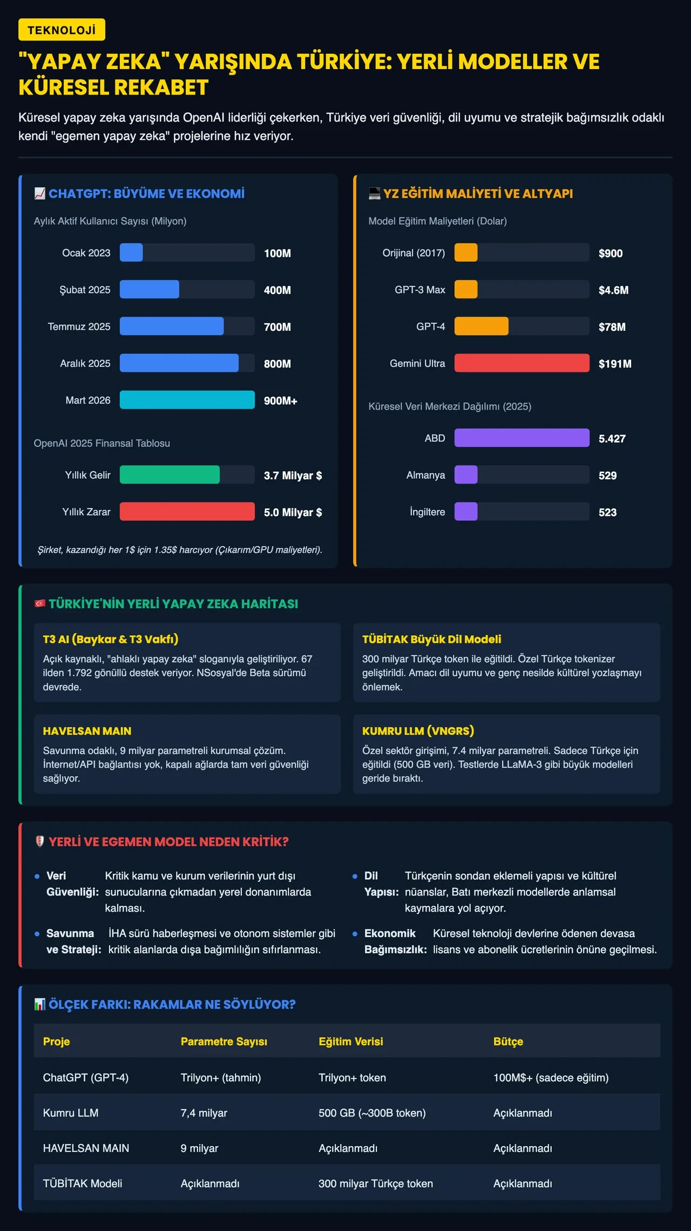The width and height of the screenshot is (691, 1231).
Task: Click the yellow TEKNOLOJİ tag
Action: (x=62, y=30)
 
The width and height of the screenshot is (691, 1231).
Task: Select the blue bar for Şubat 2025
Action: (x=150, y=289)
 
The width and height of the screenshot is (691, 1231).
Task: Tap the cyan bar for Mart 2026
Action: (x=187, y=400)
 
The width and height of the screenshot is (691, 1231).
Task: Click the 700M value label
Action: (x=277, y=327)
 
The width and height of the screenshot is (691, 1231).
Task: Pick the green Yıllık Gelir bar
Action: (x=170, y=474)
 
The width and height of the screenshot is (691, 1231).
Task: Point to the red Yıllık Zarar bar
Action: (x=187, y=512)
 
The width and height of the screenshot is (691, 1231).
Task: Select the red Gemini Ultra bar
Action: (x=522, y=363)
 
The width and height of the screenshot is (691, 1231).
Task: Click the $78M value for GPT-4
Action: (x=612, y=327)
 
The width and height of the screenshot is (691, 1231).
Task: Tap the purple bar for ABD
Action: (x=522, y=438)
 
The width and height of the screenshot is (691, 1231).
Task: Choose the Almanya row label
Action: (x=426, y=475)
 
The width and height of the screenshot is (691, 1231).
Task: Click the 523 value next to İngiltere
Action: (x=608, y=512)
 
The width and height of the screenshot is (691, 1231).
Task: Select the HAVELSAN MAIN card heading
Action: (x=87, y=731)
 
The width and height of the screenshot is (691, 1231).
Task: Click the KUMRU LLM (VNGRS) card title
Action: (x=418, y=731)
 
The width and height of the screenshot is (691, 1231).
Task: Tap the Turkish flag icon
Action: (x=40, y=603)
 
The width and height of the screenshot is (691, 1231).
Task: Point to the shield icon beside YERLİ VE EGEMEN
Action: (x=40, y=841)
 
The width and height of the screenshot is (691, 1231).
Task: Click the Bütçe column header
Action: (x=509, y=1041)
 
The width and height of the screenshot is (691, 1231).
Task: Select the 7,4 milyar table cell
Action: (x=204, y=1113)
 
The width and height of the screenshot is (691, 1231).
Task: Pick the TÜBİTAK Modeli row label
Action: (x=83, y=1184)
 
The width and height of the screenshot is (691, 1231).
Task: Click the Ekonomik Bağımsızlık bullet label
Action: (x=396, y=941)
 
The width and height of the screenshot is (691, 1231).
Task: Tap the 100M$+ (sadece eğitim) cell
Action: (x=551, y=1078)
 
